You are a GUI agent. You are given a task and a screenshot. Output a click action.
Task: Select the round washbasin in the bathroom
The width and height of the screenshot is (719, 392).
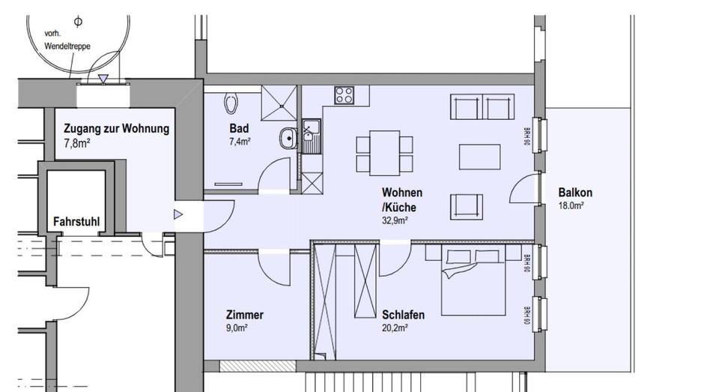[x=287, y=138]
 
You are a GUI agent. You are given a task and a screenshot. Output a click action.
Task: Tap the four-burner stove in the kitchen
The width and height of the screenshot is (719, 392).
[x=345, y=95]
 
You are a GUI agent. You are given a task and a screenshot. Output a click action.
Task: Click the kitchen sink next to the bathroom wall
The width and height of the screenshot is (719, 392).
[x=310, y=136]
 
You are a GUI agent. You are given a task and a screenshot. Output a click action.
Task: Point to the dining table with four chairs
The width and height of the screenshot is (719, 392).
[x=384, y=151]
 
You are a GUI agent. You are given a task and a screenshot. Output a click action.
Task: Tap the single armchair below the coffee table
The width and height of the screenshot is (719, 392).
[x=465, y=205]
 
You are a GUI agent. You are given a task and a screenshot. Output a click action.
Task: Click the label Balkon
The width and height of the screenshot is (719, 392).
[x=574, y=193]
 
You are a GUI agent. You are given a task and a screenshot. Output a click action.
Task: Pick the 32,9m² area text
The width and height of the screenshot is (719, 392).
[x=395, y=220]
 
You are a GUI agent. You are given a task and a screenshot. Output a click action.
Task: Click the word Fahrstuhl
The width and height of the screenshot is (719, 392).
[x=77, y=222]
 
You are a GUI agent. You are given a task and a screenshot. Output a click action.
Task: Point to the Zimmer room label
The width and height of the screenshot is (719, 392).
[x=244, y=315]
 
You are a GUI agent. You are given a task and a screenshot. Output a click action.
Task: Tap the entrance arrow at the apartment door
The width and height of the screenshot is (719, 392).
[x=178, y=214]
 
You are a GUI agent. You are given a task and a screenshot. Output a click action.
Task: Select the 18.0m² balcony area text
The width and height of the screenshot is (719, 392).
[x=571, y=205]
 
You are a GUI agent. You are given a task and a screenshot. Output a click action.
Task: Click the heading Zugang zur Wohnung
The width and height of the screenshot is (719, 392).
[x=116, y=129]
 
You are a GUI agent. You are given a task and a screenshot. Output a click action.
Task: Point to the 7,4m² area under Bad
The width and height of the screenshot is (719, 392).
[x=240, y=141]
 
